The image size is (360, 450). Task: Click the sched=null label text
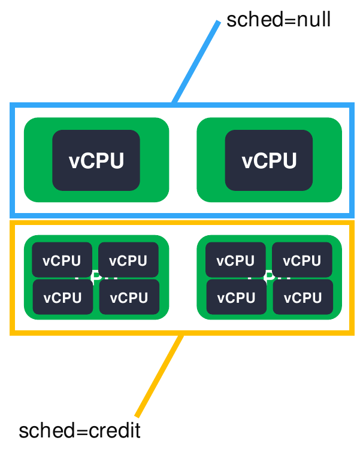pos(278,20)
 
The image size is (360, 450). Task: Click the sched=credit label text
pos(80,431)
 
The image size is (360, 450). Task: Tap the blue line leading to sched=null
pos(196,63)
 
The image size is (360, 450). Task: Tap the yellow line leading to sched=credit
pos(159,375)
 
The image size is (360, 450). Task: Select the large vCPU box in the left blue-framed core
pos(96,160)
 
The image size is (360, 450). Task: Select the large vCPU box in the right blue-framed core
pos(269,160)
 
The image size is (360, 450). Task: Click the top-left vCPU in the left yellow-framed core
pos(62,260)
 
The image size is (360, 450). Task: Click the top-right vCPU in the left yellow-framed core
pos(128,260)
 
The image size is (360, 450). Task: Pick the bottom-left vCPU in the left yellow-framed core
pos(62,297)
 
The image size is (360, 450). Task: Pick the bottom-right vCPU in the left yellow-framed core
pos(128,297)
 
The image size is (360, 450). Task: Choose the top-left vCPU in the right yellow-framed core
pos(235,260)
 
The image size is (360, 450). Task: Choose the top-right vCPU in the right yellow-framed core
pos(301,260)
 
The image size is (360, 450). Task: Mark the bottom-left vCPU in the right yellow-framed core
pos(235,297)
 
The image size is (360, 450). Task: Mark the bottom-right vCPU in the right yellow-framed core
pos(301,297)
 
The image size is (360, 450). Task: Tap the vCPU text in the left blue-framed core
pos(96,161)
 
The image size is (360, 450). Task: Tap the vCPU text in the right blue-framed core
pos(269,161)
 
